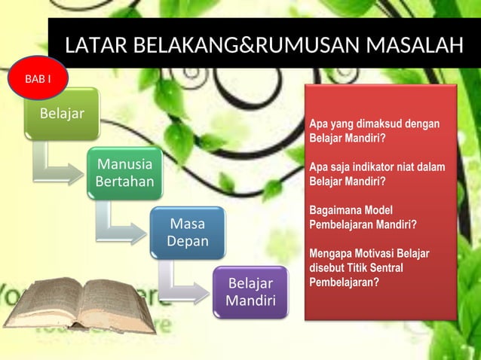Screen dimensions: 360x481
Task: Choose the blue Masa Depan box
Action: point(187,232)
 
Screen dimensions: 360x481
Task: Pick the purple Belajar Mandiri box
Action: point(250,292)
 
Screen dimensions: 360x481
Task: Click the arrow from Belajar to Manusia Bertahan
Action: point(57,169)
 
